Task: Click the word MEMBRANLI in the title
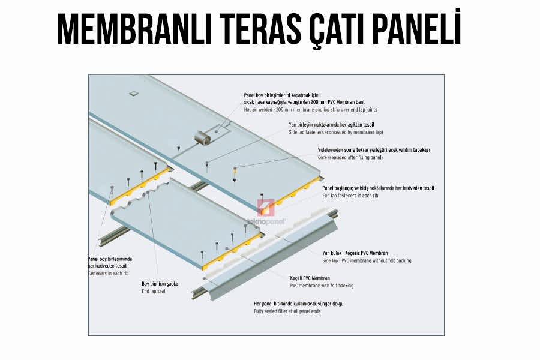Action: click(134, 29)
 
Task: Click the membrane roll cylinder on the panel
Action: click(203, 139)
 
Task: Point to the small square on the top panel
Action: click(133, 93)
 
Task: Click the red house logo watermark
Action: click(266, 208)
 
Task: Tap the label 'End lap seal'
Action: click(154, 292)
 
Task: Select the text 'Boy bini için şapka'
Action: click(160, 284)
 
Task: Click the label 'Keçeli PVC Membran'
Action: click(310, 278)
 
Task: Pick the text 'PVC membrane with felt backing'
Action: click(322, 286)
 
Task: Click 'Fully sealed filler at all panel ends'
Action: click(287, 311)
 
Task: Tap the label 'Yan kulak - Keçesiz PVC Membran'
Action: click(355, 253)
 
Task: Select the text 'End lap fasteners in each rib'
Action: click(350, 196)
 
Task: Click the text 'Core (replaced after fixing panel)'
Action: click(350, 157)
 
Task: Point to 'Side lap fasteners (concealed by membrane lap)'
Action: click(336, 132)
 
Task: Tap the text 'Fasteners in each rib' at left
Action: click(109, 274)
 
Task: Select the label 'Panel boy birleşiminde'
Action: click(110, 259)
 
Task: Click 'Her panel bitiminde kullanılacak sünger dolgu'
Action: click(299, 304)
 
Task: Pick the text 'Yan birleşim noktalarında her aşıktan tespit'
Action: click(331, 125)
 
